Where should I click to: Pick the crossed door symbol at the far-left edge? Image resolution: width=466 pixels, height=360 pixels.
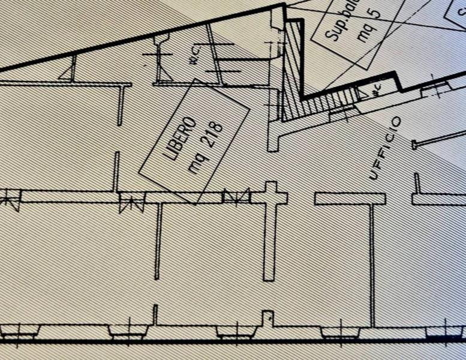pos(9,199)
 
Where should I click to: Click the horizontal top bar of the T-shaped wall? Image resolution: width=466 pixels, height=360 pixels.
pos(350,199)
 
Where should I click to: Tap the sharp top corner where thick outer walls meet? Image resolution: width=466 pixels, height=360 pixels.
pos(284,5)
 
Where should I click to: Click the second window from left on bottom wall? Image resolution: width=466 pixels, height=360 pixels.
pos(127,331)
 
